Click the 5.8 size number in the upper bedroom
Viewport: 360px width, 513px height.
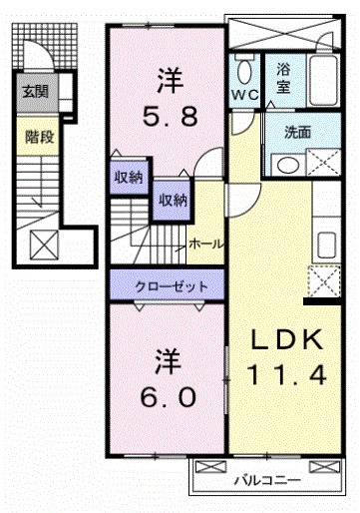click(167, 116)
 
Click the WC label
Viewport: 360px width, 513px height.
click(244, 95)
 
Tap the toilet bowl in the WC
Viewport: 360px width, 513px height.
click(244, 70)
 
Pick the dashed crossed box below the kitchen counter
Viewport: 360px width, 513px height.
click(321, 283)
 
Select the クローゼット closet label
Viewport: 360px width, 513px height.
click(172, 286)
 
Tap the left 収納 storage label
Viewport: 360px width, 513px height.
click(127, 178)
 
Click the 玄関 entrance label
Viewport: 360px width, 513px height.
click(35, 93)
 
